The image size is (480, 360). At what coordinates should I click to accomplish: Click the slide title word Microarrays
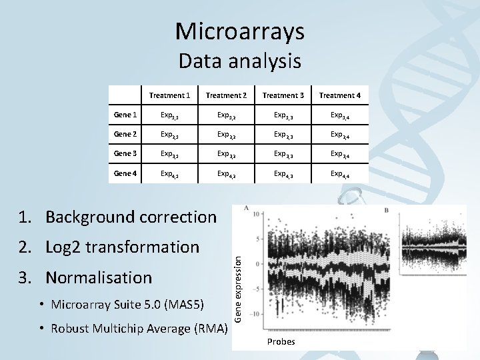[240, 30]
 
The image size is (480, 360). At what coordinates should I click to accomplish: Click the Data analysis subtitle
[240, 62]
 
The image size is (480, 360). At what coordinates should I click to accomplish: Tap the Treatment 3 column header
[283, 96]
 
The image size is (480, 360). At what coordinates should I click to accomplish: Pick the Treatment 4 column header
[340, 96]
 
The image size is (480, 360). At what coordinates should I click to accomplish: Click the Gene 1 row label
[127, 115]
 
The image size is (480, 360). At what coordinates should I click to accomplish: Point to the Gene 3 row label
[127, 154]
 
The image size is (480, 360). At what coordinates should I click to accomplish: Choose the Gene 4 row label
[127, 174]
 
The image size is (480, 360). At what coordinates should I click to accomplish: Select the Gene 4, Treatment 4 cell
[340, 175]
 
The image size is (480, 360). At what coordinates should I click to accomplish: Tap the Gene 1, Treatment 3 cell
[283, 115]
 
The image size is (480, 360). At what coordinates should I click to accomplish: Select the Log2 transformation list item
[122, 247]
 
